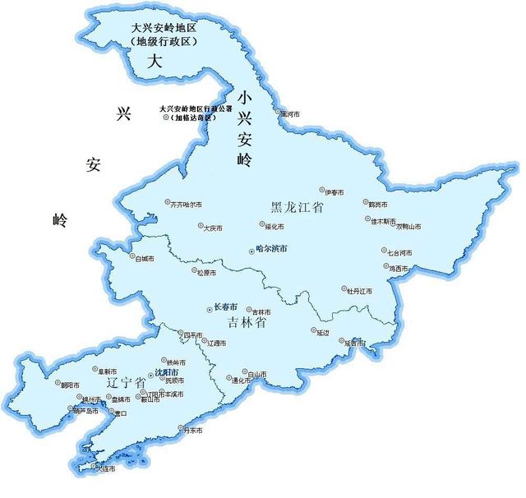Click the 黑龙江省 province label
297,209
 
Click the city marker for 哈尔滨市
251,249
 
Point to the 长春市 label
224,307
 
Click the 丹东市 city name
194,429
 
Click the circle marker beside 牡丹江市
344,289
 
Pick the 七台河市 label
399,252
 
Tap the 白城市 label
144,258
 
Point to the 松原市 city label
206,272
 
